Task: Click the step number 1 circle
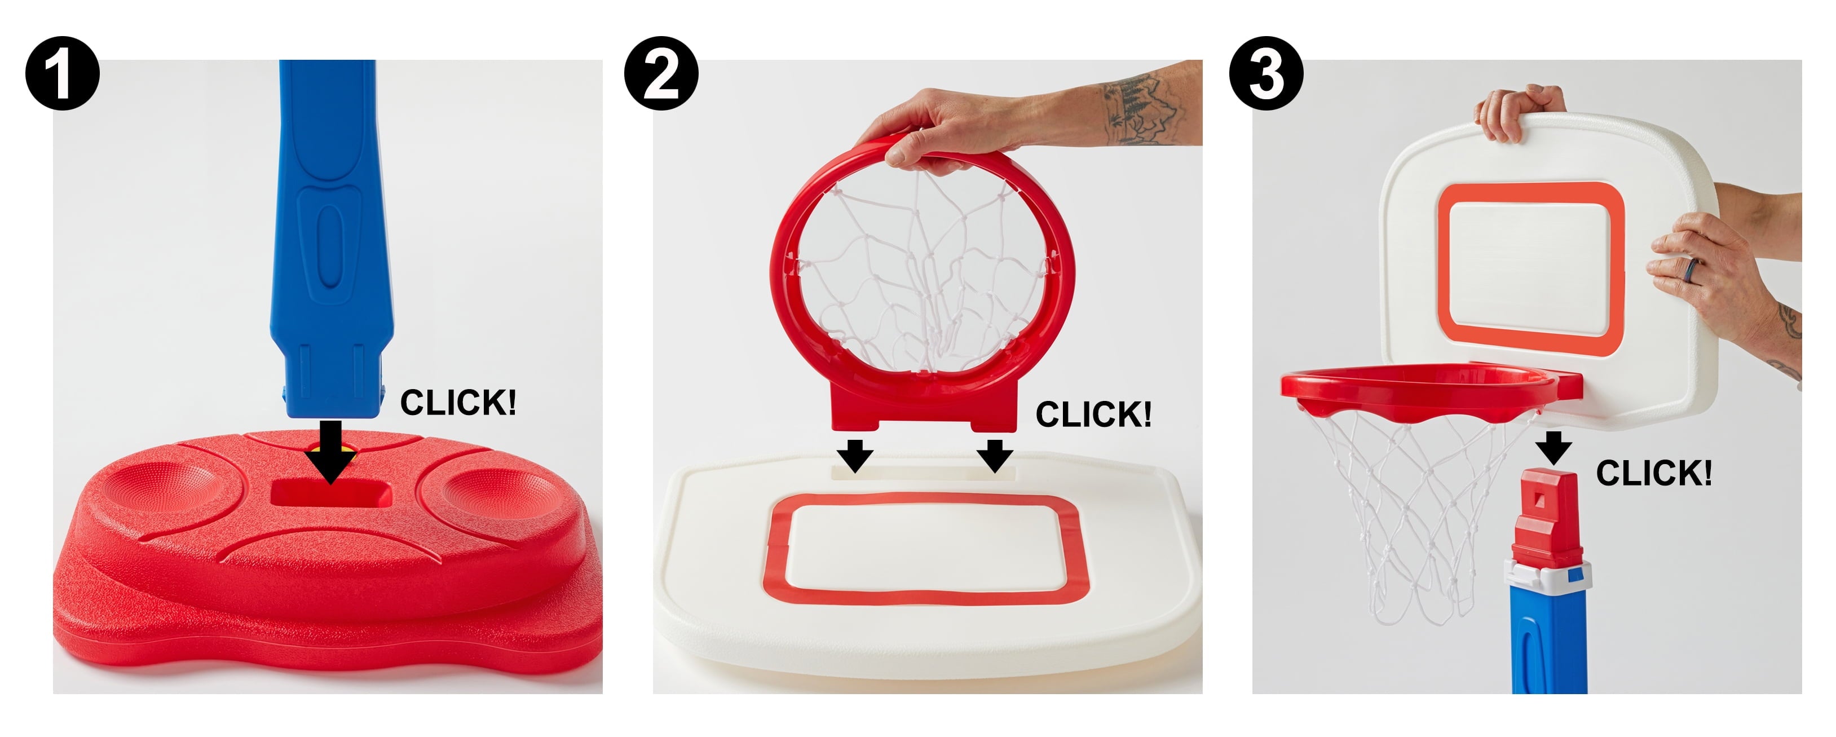pyautogui.click(x=62, y=73)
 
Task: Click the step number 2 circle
pyautogui.click(x=661, y=73)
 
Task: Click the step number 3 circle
pyautogui.click(x=1266, y=73)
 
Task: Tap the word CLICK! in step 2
pyautogui.click(x=1093, y=414)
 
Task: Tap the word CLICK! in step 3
pyautogui.click(x=1653, y=473)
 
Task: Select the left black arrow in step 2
pyautogui.click(x=855, y=456)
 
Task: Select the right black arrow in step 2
pyautogui.click(x=995, y=456)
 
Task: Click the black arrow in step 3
pyautogui.click(x=1553, y=448)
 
